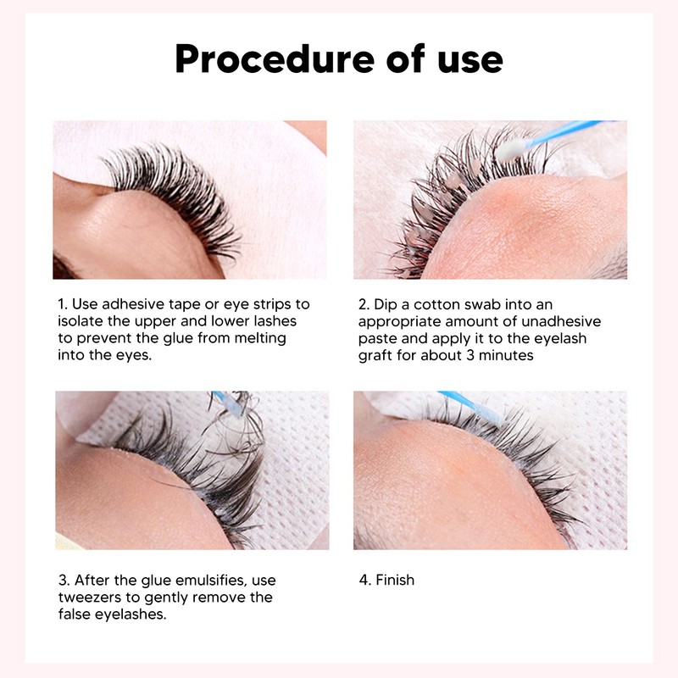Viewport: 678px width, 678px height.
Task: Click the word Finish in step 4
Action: [394, 581]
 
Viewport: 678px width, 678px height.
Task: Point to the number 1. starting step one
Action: [64, 303]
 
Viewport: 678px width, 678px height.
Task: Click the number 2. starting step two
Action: [363, 303]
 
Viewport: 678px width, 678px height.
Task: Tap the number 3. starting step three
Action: [64, 581]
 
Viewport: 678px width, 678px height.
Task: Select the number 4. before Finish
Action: [363, 581]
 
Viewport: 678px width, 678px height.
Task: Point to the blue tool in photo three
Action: [224, 401]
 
